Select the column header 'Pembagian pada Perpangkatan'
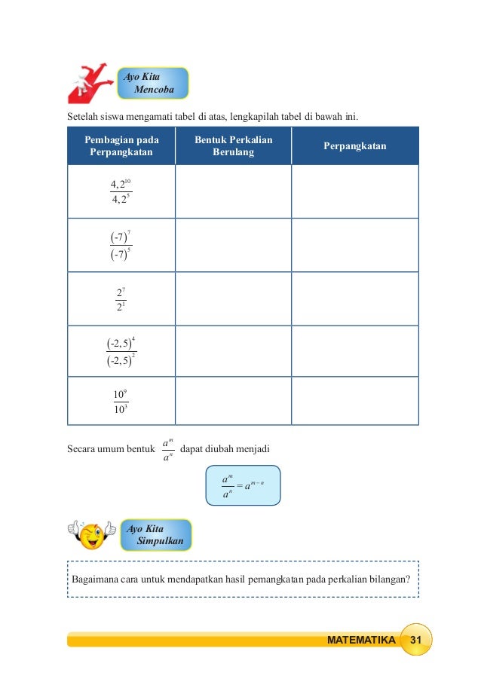[121, 145]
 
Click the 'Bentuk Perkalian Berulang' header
[233, 145]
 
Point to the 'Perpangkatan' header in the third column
[354, 145]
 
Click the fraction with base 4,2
[121, 191]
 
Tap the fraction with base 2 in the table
[121, 298]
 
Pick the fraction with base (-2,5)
[121, 352]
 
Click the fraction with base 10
[121, 402]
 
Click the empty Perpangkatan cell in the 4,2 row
[354, 191]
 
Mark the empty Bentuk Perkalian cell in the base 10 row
[233, 402]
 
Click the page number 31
[415, 640]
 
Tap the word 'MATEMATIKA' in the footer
[361, 641]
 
